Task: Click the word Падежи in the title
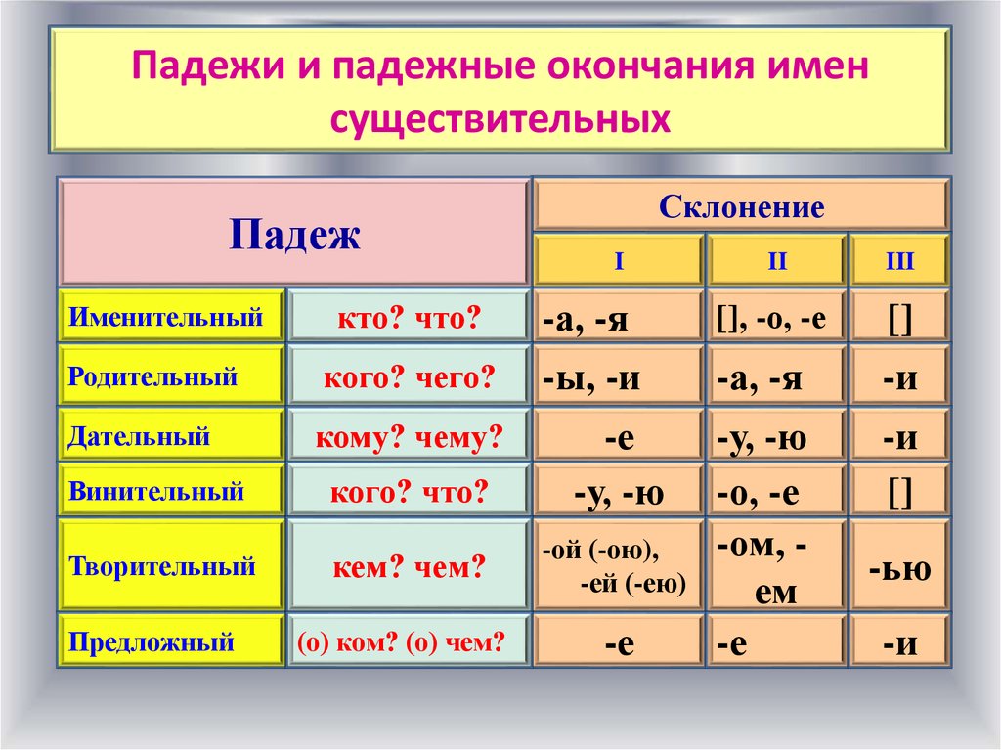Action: point(208,66)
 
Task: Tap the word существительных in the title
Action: point(500,119)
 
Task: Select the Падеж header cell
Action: point(294,233)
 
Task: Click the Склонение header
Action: point(741,206)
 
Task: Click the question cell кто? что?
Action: point(410,316)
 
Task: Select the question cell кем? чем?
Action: point(410,566)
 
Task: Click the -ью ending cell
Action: point(899,566)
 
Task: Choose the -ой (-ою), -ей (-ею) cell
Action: point(619,566)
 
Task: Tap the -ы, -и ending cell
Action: point(619,376)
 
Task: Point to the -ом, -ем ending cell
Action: point(776,566)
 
